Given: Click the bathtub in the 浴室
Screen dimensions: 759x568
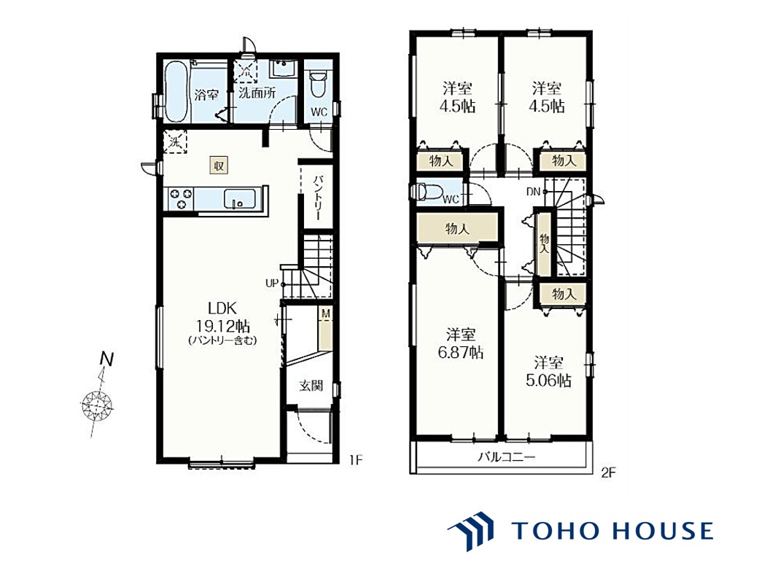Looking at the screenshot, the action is (x=176, y=93).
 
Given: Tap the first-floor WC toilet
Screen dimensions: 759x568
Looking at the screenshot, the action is (x=319, y=84).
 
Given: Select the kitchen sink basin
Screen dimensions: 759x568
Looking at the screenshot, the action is (x=240, y=198).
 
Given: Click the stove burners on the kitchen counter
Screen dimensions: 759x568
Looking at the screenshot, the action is (x=181, y=199).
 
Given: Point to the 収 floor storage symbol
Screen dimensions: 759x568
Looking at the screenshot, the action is (x=219, y=165).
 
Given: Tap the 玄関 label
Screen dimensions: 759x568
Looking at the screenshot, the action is (x=311, y=386).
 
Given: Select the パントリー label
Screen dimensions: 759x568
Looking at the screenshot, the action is (x=318, y=198).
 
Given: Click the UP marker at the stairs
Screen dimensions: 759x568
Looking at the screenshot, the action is (x=272, y=284).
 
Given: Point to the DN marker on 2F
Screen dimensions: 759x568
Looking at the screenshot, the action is (x=533, y=192).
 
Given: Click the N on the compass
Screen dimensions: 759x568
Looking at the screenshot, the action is (x=106, y=359).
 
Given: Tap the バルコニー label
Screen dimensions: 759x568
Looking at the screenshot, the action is (x=507, y=456).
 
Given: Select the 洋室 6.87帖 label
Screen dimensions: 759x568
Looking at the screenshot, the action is (x=460, y=343).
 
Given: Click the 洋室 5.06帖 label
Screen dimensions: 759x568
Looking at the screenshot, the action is (x=548, y=371).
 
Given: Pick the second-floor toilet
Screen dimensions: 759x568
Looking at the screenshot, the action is (x=427, y=191).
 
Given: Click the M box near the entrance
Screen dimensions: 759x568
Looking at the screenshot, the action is (x=326, y=314).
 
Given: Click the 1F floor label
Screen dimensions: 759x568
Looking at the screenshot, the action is (x=356, y=459).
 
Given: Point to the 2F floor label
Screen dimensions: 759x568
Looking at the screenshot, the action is (x=608, y=472).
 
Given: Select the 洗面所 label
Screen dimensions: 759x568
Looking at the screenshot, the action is (x=257, y=93).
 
